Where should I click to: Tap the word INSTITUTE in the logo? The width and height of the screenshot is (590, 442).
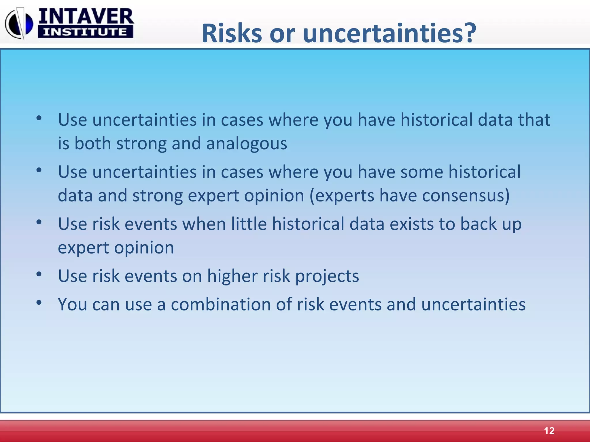tap(85, 32)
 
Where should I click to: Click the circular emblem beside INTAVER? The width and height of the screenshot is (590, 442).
tap(19, 24)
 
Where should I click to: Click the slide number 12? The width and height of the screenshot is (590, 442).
tap(549, 431)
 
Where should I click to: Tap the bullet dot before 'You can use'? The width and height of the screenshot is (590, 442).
tap(39, 302)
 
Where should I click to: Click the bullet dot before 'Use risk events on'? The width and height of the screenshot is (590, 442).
tap(39, 274)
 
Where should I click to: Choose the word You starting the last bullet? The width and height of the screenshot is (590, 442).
tap(72, 304)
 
